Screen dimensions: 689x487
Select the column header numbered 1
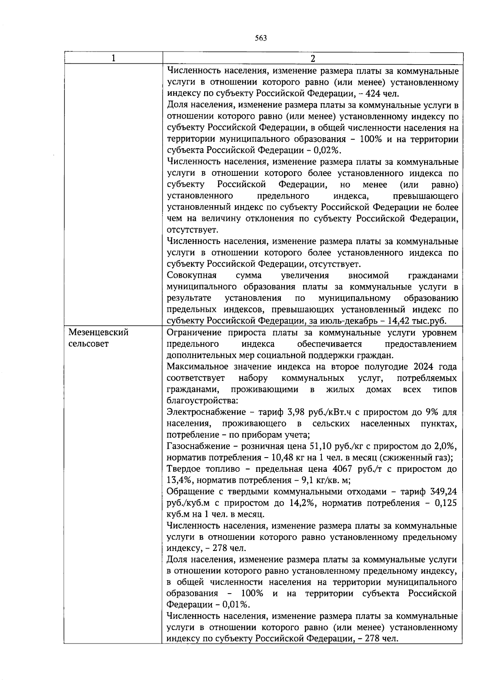(113, 58)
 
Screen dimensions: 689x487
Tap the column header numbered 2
(312, 58)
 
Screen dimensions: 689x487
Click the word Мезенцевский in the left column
(99, 333)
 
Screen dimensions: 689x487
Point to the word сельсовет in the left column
(89, 344)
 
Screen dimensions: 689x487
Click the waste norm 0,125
(445, 503)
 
